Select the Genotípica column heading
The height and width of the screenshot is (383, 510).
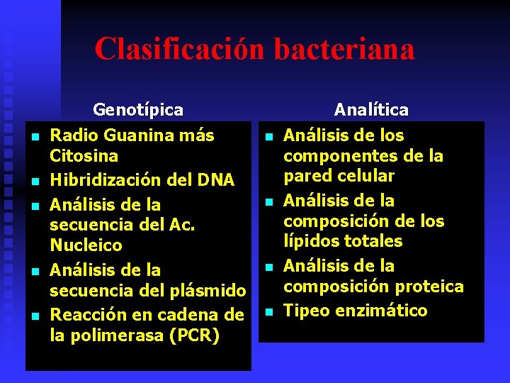point(138,110)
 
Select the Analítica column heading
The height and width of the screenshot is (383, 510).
point(371,110)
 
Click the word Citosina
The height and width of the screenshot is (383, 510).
point(84,155)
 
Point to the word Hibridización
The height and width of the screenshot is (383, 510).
point(105,180)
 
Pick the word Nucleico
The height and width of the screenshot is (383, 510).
point(86,245)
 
